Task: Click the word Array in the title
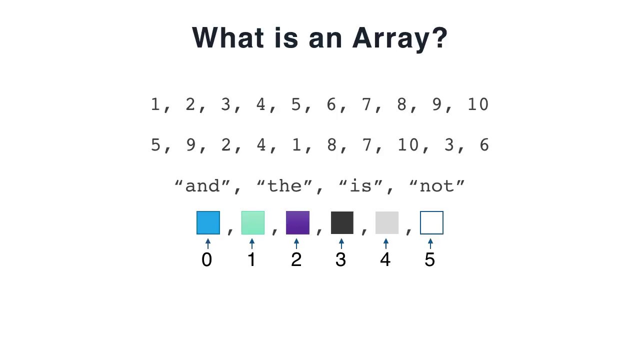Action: pyautogui.click(x=399, y=38)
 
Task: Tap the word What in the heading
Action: pyautogui.click(x=229, y=37)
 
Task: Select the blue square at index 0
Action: pyautogui.click(x=208, y=223)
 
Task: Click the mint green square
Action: pyautogui.click(x=252, y=223)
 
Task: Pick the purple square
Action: pyautogui.click(x=297, y=223)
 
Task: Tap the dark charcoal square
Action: pyautogui.click(x=342, y=223)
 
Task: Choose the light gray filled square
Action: pyautogui.click(x=386, y=223)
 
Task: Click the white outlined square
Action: pyautogui.click(x=431, y=223)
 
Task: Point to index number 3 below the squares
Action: pyautogui.click(x=340, y=260)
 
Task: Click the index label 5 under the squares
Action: pyautogui.click(x=430, y=260)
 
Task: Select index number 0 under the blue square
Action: pyautogui.click(x=206, y=260)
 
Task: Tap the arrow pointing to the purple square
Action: pyautogui.click(x=296, y=244)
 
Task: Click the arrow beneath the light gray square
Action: pyautogui.click(x=385, y=244)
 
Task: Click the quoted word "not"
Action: pyautogui.click(x=437, y=186)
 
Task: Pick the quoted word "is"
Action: pyautogui.click(x=360, y=186)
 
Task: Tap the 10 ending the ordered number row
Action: pyautogui.click(x=477, y=104)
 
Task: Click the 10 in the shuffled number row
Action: pyautogui.click(x=407, y=145)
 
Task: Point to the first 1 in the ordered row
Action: pyautogui.click(x=155, y=104)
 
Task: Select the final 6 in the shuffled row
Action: pyautogui.click(x=483, y=145)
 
